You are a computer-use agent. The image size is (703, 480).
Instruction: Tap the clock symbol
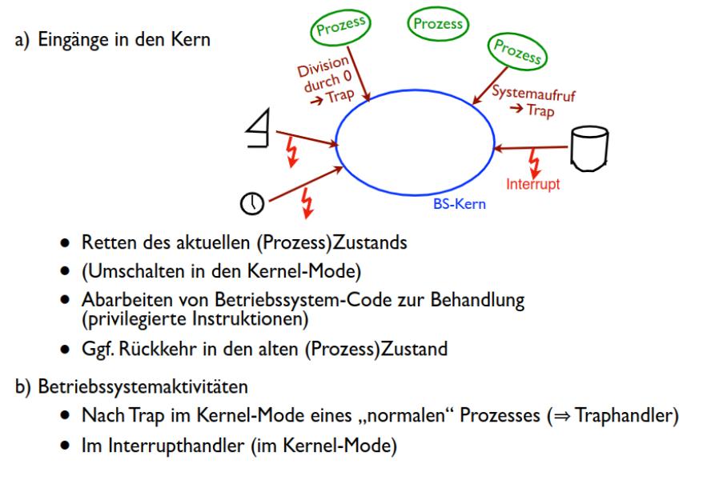(251, 204)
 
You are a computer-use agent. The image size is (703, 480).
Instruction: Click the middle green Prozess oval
(437, 24)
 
